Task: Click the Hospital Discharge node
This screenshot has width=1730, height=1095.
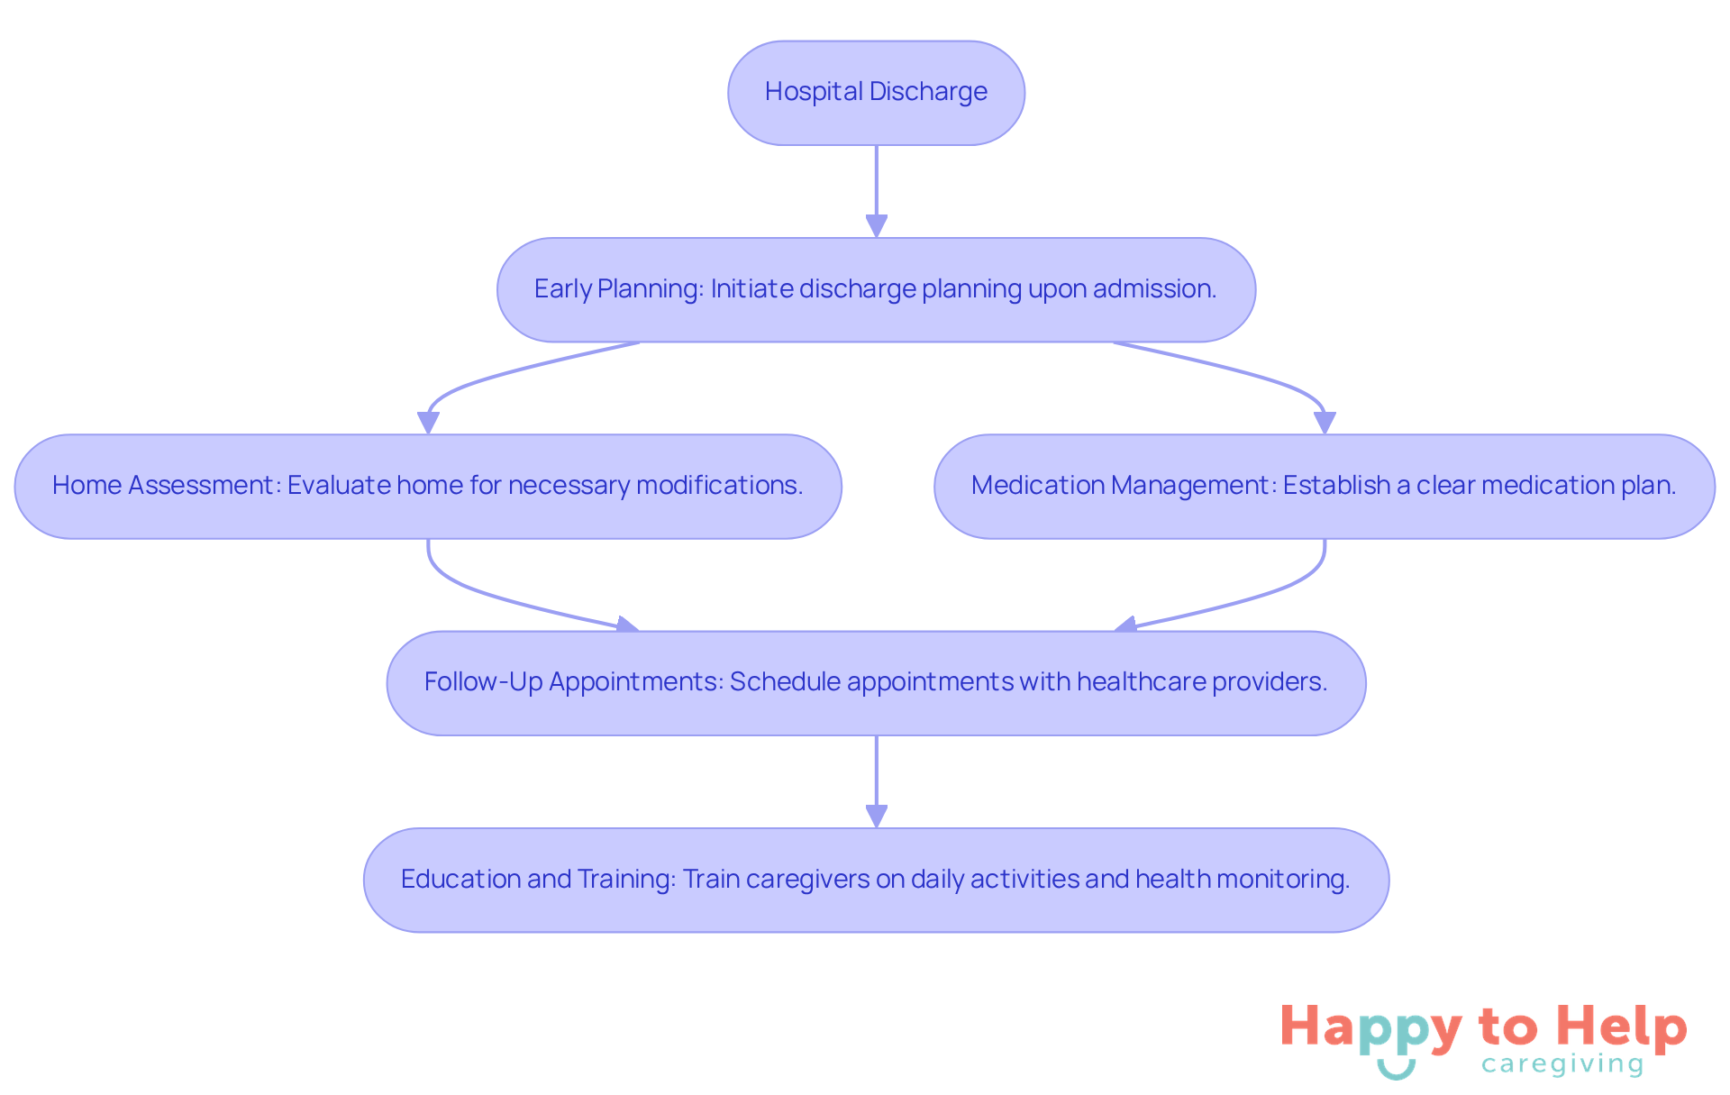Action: click(x=876, y=93)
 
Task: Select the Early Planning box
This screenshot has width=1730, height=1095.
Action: click(x=876, y=289)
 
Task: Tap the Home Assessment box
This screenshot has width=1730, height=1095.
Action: click(x=428, y=487)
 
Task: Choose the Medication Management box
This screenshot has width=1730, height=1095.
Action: click(x=1324, y=487)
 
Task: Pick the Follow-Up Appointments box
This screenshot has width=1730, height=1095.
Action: click(x=876, y=683)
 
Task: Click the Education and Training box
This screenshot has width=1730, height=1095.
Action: click(x=876, y=880)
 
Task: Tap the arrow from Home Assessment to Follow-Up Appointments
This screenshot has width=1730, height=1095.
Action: click(x=505, y=598)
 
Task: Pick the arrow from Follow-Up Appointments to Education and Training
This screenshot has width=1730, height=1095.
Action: click(x=876, y=780)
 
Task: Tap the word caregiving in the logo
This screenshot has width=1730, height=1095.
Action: click(x=1562, y=1065)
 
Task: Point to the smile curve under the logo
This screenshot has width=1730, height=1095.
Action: click(x=1396, y=1071)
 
